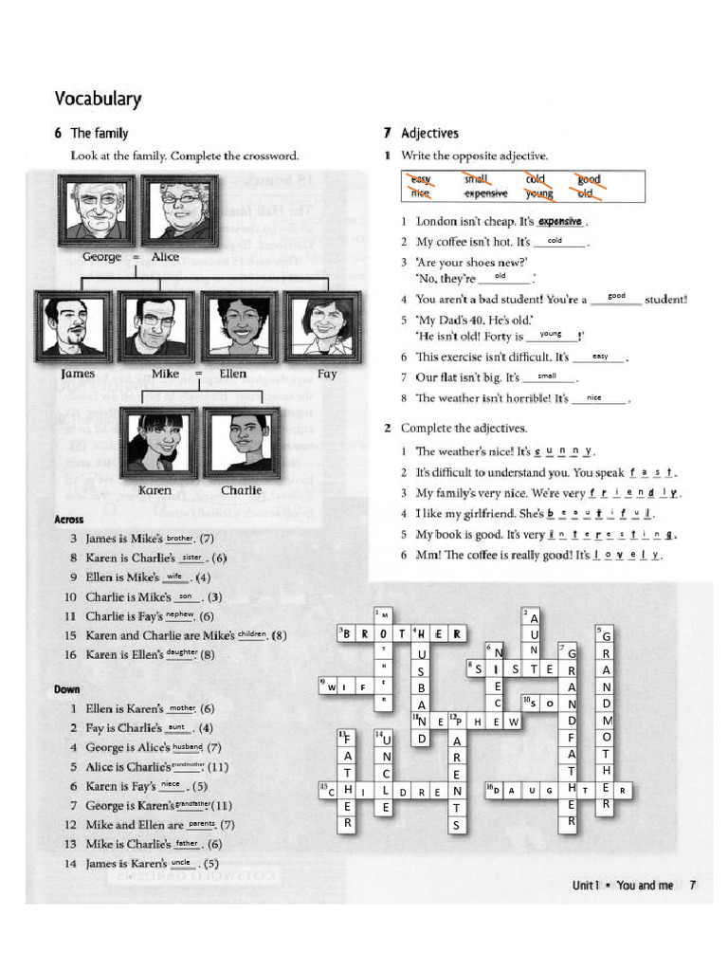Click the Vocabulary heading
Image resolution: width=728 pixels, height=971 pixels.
click(98, 99)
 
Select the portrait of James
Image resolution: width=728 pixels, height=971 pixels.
click(73, 325)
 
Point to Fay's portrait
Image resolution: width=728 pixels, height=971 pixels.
click(322, 325)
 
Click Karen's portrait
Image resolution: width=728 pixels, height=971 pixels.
click(157, 442)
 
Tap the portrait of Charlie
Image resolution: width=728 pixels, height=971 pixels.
click(242, 442)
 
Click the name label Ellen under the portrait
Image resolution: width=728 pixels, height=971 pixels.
click(233, 375)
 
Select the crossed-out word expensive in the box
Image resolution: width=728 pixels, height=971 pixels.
click(485, 193)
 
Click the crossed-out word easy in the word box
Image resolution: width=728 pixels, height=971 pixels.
click(420, 179)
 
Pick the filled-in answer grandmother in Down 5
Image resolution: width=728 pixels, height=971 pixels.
click(188, 764)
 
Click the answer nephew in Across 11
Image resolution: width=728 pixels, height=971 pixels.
click(179, 614)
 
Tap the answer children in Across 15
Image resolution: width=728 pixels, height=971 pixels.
click(252, 634)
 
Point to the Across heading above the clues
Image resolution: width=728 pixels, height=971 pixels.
click(69, 520)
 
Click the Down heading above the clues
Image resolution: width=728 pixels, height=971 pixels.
click(66, 689)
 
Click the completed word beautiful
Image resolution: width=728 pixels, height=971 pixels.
click(601, 514)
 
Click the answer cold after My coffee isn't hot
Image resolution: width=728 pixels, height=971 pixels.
click(555, 241)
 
